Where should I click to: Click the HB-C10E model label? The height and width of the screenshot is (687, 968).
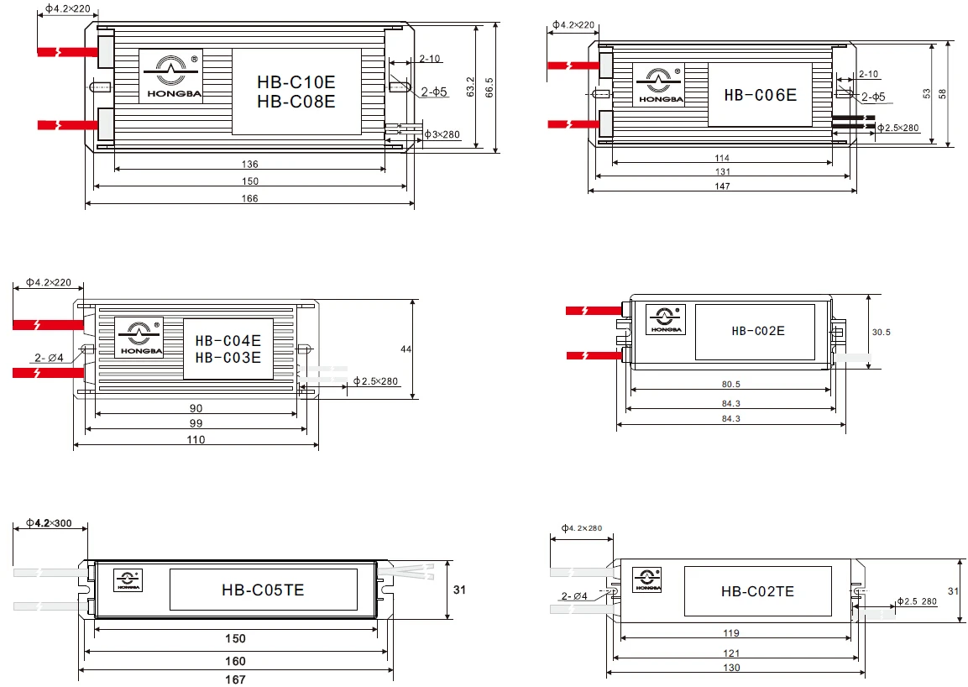point(296,82)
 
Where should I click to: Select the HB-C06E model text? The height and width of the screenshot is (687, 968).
point(760,95)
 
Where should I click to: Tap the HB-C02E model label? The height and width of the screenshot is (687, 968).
point(758,331)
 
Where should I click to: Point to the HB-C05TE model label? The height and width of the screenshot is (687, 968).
point(263,590)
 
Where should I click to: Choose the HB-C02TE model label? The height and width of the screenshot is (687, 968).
point(757,591)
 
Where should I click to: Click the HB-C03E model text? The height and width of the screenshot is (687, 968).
point(228,358)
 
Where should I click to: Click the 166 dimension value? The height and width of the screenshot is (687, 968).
point(249,198)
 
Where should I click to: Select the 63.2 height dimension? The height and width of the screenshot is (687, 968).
point(470,87)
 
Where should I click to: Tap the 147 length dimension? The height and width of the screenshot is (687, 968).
point(722,186)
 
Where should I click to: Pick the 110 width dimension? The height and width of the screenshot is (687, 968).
point(196,440)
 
